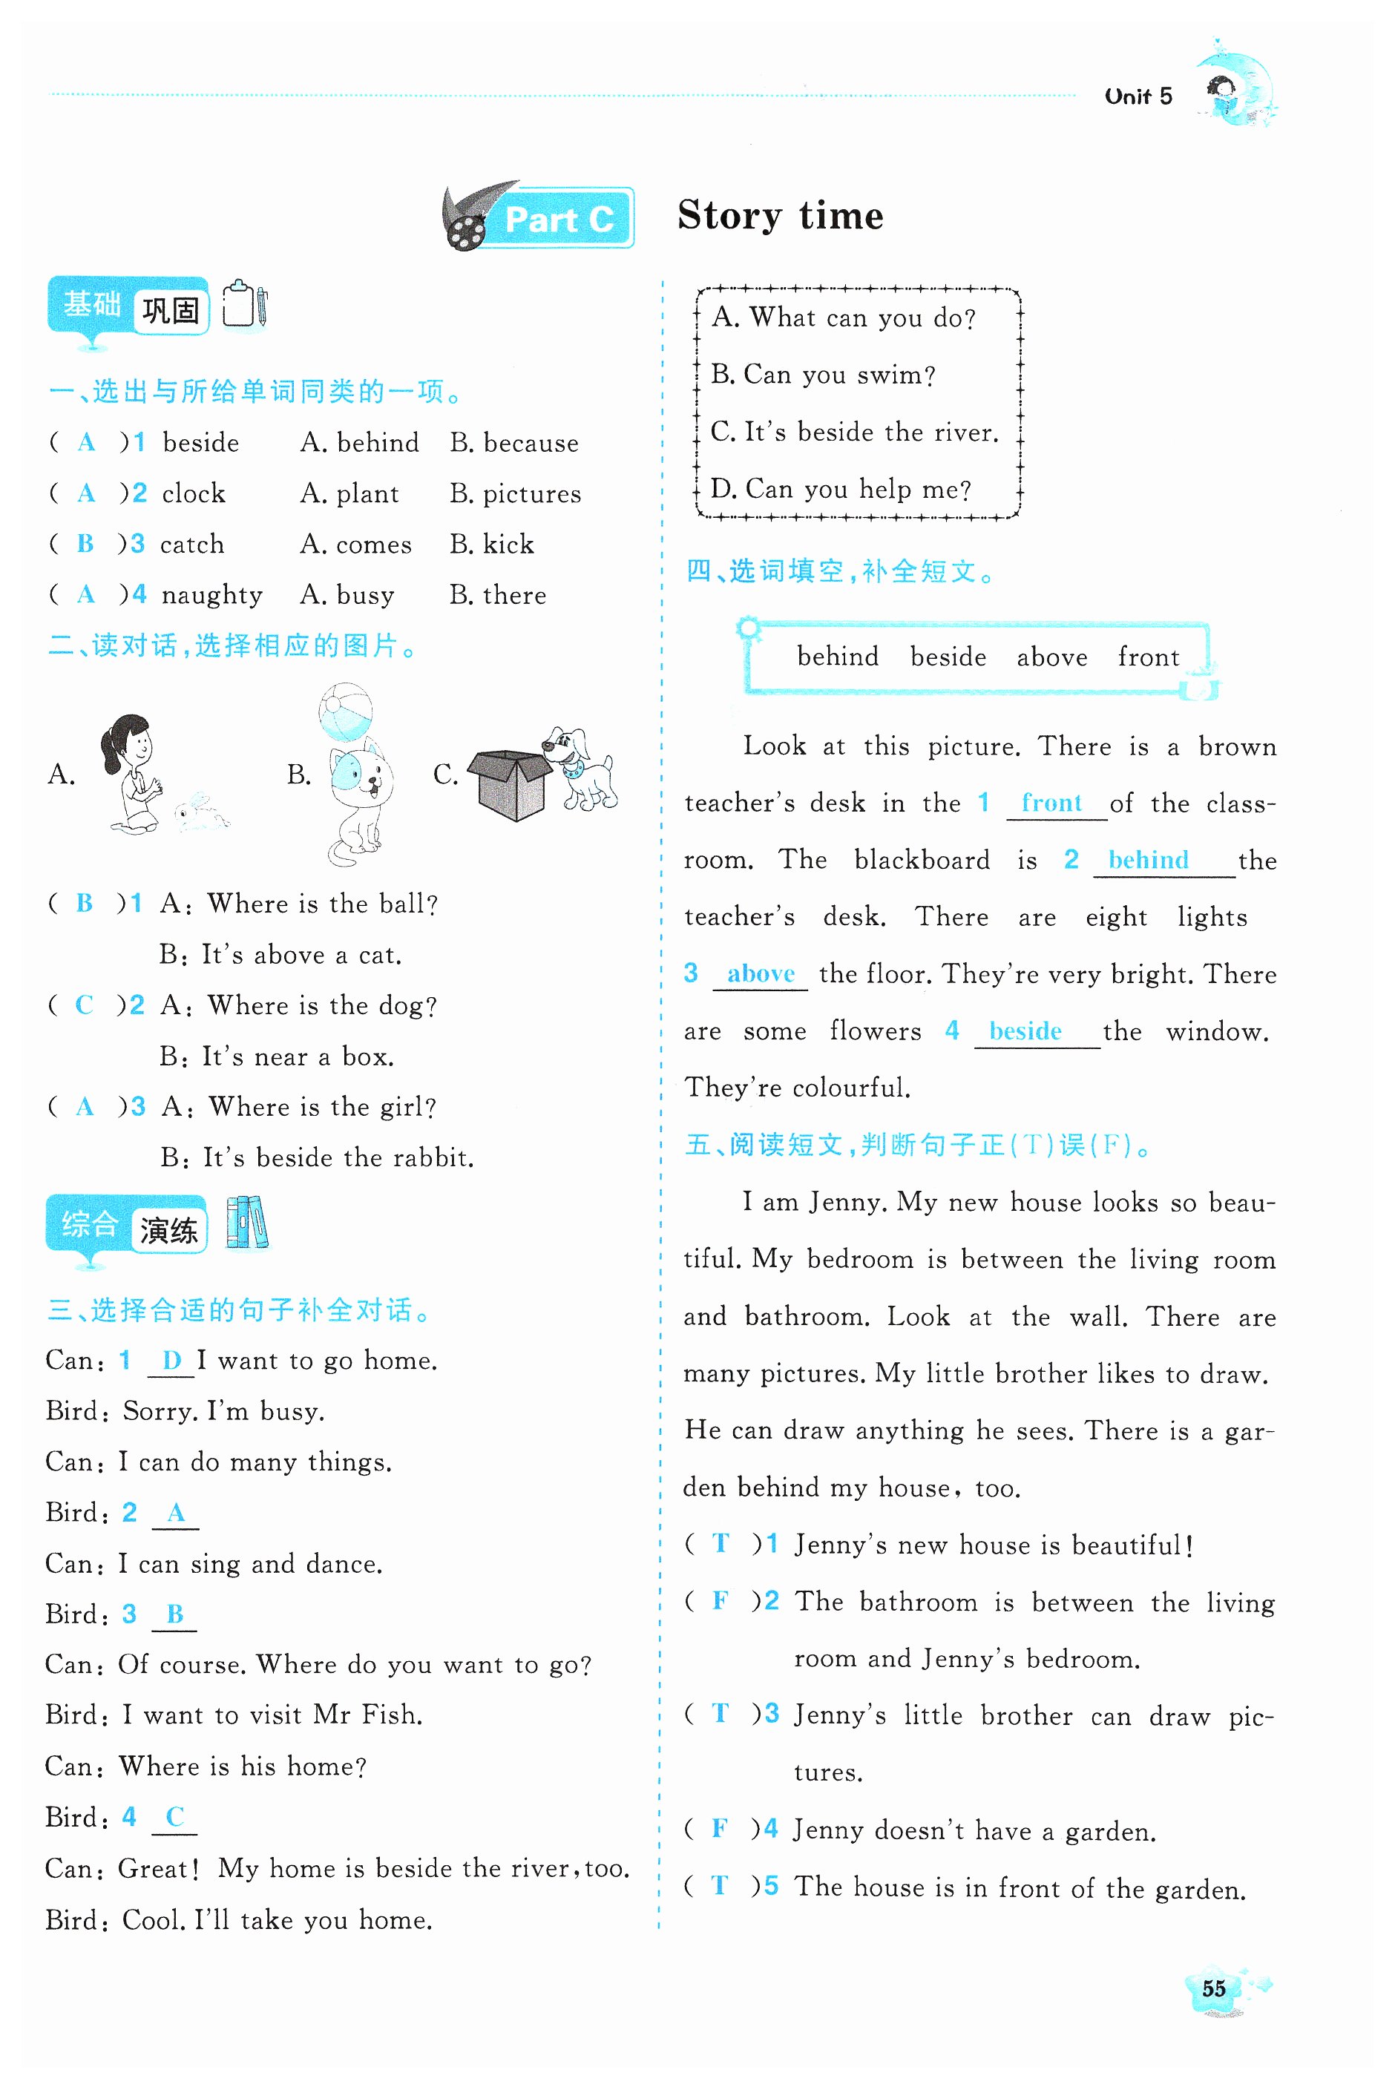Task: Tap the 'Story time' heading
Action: coord(781,216)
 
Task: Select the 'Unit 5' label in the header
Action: coord(1138,96)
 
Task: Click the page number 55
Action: coord(1212,1989)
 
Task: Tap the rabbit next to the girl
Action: coord(200,812)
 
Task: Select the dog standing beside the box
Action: coord(580,768)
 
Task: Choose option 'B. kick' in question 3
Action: coord(492,545)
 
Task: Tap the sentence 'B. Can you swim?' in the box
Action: coord(823,375)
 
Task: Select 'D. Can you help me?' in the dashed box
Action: coord(841,489)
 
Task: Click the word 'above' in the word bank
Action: coord(1051,657)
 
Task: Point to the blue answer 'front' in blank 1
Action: coord(1051,803)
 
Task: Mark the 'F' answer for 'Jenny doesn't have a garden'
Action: coord(720,1828)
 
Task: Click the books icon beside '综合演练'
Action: coord(247,1223)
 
